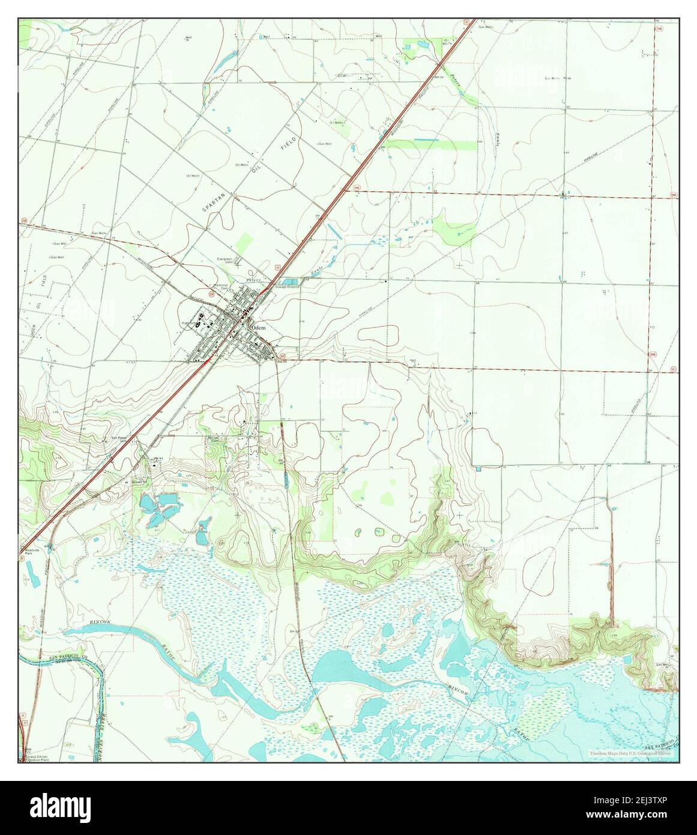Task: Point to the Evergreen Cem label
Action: (x=225, y=260)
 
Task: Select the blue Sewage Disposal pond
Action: (x=290, y=281)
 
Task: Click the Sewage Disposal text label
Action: (x=288, y=288)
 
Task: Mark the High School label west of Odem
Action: (x=190, y=323)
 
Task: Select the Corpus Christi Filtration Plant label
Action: (x=34, y=758)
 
